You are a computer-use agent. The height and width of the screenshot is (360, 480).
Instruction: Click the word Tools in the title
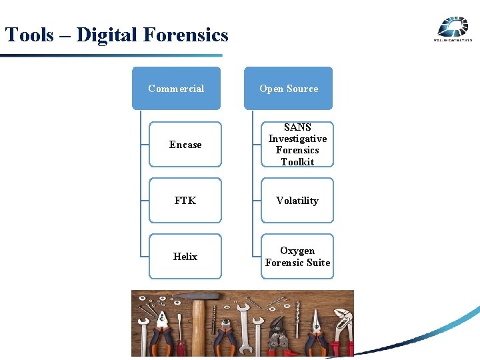29,35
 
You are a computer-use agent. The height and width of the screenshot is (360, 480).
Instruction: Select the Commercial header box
176,88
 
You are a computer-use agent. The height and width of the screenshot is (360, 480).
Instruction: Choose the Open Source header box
288,88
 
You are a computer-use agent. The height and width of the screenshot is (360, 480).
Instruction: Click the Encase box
185,144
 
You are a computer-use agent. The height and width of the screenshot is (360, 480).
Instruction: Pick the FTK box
185,200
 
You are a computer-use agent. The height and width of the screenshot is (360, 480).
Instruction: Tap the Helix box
185,256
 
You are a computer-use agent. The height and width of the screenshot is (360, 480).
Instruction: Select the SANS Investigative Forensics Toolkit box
297,144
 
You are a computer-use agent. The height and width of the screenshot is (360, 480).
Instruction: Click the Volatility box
297,200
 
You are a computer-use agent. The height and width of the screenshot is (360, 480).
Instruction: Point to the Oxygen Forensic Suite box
297,256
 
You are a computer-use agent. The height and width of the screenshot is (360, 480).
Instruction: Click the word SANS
297,127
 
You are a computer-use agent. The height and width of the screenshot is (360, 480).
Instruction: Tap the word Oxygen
297,251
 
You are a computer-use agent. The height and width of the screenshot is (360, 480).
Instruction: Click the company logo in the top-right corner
453,29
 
